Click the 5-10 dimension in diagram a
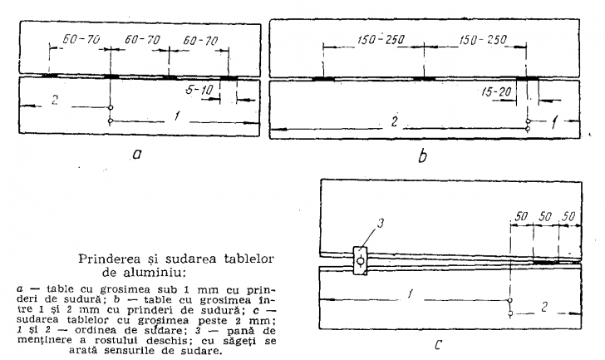tap(199, 90)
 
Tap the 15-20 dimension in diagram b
tap(496, 91)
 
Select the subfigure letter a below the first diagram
tap(137, 155)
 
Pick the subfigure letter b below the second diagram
tap(422, 156)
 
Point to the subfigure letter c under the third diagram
tap(437, 344)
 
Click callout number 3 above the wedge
tap(380, 223)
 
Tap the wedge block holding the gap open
tap(360, 260)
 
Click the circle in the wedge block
tap(360, 261)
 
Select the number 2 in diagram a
tap(55, 100)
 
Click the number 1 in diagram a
tap(177, 116)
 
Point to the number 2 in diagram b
tap(394, 122)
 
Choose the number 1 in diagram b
tap(554, 123)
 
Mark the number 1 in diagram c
tap(410, 294)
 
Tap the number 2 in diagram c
tap(544, 307)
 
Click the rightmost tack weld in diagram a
tap(229, 78)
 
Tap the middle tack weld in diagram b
tap(424, 79)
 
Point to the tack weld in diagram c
tap(546, 262)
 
